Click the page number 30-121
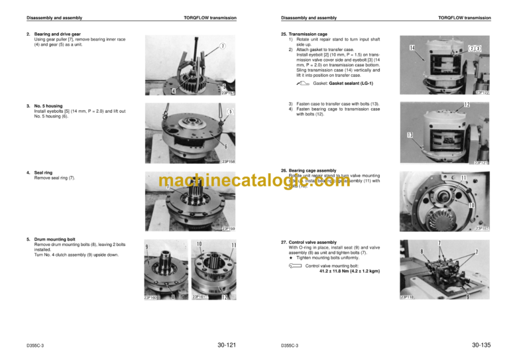point(227,345)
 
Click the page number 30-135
point(481,345)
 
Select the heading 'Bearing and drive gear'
point(57,34)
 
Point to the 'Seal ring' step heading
point(44,172)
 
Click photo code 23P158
point(229,161)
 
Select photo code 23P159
point(229,229)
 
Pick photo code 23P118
point(408,296)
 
